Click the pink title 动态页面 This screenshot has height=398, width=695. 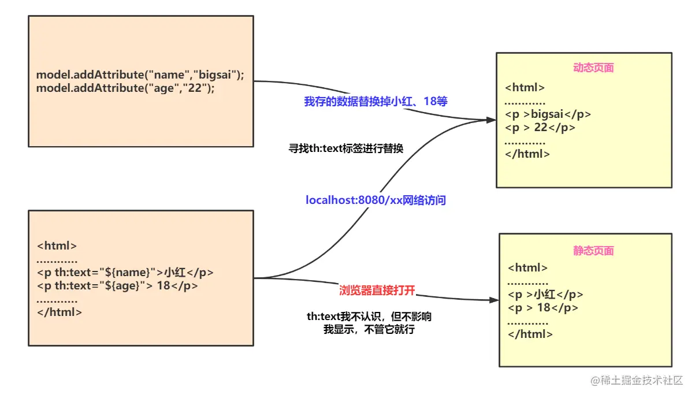tap(593, 68)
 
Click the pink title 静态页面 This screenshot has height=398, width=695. tap(593, 251)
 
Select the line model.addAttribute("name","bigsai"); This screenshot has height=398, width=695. tap(140, 75)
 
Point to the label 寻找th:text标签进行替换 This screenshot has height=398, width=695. tap(345, 148)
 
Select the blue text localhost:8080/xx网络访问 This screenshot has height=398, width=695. tap(376, 200)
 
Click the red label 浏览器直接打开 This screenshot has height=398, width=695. tap(377, 291)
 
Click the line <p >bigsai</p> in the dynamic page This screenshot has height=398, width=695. tap(548, 114)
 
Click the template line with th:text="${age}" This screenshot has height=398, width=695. tap(117, 285)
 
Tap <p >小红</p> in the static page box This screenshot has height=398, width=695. tap(545, 295)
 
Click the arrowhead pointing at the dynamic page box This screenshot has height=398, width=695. tap(492, 120)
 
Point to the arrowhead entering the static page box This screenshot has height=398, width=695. tap(494, 300)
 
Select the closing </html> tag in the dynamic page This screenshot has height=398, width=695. tap(527, 154)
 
